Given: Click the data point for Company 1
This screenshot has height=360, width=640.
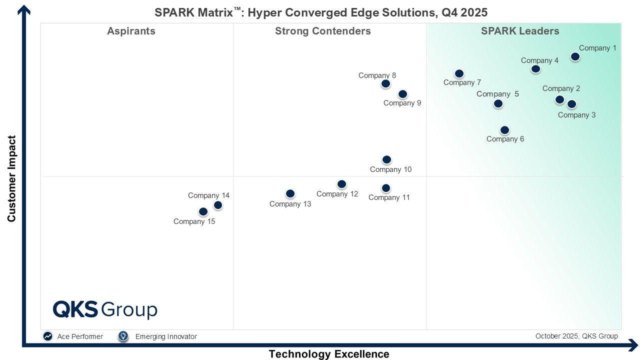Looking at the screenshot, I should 575,56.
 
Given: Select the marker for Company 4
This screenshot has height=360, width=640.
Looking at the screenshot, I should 535,68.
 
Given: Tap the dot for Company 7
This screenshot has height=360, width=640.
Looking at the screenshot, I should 459,74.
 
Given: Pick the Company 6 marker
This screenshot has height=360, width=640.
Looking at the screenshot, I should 504,130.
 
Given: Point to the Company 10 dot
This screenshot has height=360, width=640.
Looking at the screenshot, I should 386,159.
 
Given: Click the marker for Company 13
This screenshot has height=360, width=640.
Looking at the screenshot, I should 290,193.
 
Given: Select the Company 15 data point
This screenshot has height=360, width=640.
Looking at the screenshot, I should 203,211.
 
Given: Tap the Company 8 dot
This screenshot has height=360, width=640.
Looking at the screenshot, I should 385,83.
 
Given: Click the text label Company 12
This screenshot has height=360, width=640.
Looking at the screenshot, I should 337,194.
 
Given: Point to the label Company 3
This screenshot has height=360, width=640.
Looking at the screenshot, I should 576,115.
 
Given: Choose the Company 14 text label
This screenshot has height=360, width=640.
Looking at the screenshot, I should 208,195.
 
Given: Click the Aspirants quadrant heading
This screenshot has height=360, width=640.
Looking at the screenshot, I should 131,31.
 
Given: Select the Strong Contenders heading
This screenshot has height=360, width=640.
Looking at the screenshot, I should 322,31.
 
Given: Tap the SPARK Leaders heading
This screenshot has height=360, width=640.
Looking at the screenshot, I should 520,31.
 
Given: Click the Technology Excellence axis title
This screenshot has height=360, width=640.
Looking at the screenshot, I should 328,354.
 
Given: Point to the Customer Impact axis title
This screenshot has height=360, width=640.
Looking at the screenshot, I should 11,178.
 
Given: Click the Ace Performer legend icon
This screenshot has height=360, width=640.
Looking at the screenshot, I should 47,336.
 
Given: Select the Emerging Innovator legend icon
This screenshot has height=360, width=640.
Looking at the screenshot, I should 123,336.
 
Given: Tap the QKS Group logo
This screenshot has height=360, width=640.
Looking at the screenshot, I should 105,309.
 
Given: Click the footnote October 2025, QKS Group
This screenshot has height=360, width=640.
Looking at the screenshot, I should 576,336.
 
